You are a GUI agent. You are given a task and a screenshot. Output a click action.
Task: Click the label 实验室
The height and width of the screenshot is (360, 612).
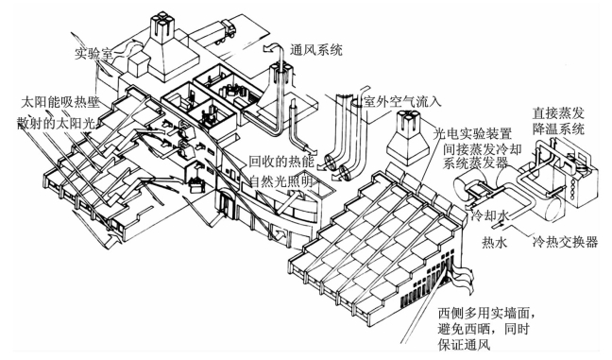tap(93, 54)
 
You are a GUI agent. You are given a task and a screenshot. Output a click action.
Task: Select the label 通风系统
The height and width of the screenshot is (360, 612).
tap(315, 50)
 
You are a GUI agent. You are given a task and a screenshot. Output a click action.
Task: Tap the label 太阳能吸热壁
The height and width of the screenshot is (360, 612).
tap(60, 103)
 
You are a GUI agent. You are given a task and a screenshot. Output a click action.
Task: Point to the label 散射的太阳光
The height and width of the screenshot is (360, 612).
tap(56, 124)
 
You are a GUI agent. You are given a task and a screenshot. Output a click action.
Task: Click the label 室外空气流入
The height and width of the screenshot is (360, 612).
tap(402, 102)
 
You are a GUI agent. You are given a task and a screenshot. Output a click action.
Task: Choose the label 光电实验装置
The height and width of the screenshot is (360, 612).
tap(472, 134)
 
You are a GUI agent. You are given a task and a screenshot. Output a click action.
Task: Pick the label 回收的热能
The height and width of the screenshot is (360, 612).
tap(281, 162)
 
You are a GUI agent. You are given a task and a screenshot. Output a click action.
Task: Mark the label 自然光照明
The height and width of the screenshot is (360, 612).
tap(281, 181)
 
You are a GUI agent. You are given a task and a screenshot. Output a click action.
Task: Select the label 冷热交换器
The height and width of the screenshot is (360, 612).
tap(565, 242)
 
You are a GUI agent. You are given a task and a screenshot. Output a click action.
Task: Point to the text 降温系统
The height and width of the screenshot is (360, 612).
tap(558, 129)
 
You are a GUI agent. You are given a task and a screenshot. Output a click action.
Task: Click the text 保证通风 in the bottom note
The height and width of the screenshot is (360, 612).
tap(464, 344)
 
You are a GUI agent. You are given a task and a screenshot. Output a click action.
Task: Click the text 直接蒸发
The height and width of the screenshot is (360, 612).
tap(558, 113)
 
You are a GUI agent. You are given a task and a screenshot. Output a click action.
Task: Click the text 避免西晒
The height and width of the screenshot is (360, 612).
tap(464, 329)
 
